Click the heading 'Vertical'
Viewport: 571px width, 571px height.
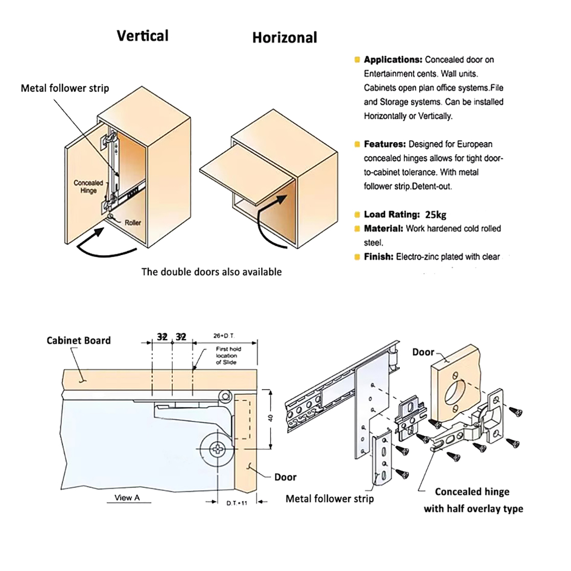(142, 36)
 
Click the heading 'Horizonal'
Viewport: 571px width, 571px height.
(284, 38)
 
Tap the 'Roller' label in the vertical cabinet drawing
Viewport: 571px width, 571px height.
(132, 223)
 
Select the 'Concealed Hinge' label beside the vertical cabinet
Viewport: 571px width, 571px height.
(88, 187)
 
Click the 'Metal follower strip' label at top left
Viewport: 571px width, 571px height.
(65, 88)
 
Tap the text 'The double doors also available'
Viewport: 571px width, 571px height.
(211, 272)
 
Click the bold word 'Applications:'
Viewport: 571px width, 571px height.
(393, 60)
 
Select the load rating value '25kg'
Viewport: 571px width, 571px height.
(436, 215)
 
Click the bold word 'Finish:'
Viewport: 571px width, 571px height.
(378, 257)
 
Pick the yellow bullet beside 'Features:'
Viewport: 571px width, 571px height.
(357, 144)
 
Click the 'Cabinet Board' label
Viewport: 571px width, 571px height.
(78, 340)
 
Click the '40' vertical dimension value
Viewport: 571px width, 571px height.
(271, 418)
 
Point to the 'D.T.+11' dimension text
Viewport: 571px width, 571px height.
(237, 503)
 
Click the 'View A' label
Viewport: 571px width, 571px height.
(127, 497)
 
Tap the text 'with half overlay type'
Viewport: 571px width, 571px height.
(473, 509)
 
